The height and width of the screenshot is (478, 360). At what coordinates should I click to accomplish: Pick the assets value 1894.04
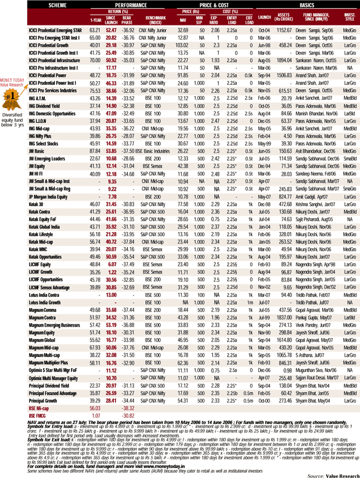pos(283,60)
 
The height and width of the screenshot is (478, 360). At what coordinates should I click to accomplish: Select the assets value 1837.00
pos(283,317)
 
